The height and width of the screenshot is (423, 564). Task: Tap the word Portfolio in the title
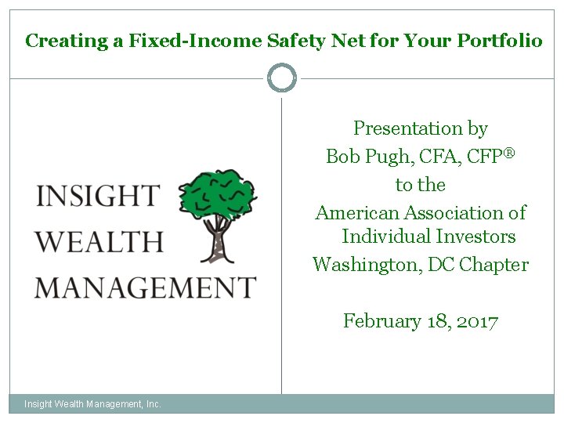click(x=499, y=41)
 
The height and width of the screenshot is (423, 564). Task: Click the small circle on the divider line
click(x=282, y=78)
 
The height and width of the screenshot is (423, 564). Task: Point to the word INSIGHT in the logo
click(x=98, y=197)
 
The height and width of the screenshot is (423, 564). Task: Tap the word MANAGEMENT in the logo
click(x=146, y=287)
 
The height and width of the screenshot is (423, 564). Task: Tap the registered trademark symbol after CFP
click(x=508, y=153)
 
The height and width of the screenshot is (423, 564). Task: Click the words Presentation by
click(x=421, y=128)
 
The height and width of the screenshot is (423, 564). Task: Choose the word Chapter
click(x=494, y=265)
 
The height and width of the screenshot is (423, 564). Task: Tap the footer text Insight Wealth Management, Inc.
click(x=92, y=404)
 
